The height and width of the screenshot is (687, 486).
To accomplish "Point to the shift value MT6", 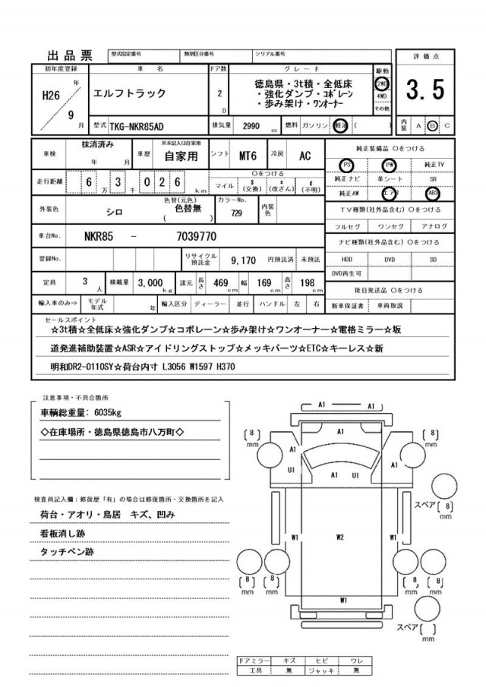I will [x=248, y=156].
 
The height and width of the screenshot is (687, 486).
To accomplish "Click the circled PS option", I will [x=347, y=164].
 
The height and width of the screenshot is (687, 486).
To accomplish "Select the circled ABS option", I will [x=433, y=193].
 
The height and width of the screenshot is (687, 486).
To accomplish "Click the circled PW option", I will [x=390, y=164].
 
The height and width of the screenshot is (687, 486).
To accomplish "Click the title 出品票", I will [x=70, y=55].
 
